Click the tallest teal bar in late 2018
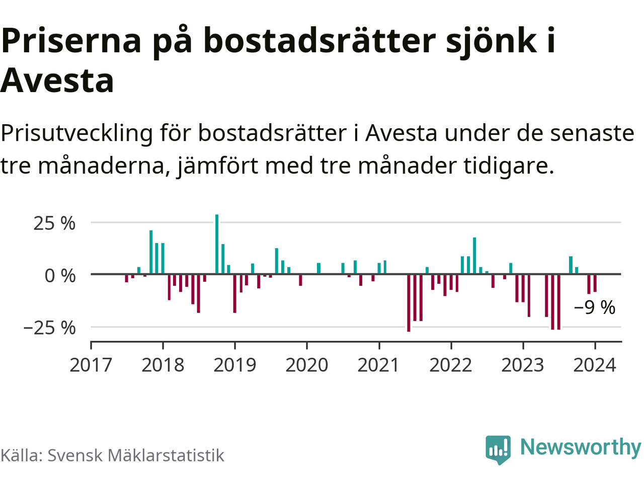tap(217, 245)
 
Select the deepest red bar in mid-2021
tap(409, 303)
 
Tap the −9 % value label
tap(595, 307)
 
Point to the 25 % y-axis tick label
tap(54, 223)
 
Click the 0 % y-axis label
tap(60, 276)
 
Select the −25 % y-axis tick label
tap(49, 328)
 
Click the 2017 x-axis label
tap(91, 365)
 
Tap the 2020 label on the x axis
tap(306, 365)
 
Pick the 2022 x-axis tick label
tap(451, 365)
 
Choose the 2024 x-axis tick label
tap(595, 365)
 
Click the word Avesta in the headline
tap(57, 80)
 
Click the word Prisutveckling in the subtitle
tap(76, 133)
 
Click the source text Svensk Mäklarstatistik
tap(136, 455)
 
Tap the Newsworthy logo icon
tap(498, 449)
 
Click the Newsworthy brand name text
tap(581, 447)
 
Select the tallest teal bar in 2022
tap(474, 256)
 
